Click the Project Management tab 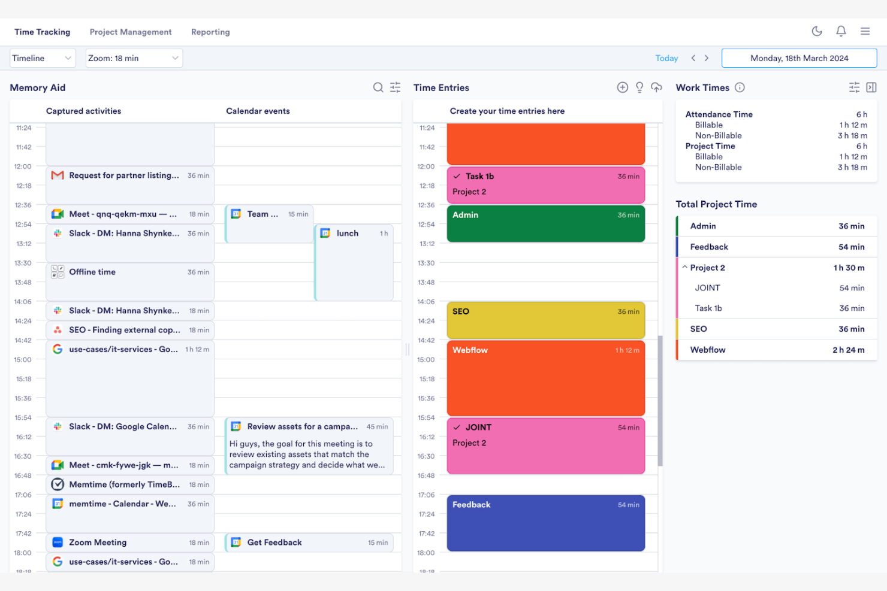click(x=130, y=32)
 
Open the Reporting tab click(x=210, y=32)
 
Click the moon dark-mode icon click(x=816, y=31)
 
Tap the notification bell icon click(x=841, y=31)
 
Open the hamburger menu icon click(x=865, y=31)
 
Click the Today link click(x=666, y=58)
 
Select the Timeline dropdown click(x=43, y=58)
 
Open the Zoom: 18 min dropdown click(x=134, y=58)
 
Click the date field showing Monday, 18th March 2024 click(x=799, y=58)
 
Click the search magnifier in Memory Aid click(x=378, y=87)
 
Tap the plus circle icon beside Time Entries click(x=623, y=87)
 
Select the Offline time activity click(x=130, y=281)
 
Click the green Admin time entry click(x=545, y=224)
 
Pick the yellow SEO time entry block click(x=545, y=320)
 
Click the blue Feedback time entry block click(x=545, y=523)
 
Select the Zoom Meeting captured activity click(x=130, y=542)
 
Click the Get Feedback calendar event click(x=309, y=542)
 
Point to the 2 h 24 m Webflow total click(x=848, y=350)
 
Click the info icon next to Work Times click(x=740, y=87)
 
